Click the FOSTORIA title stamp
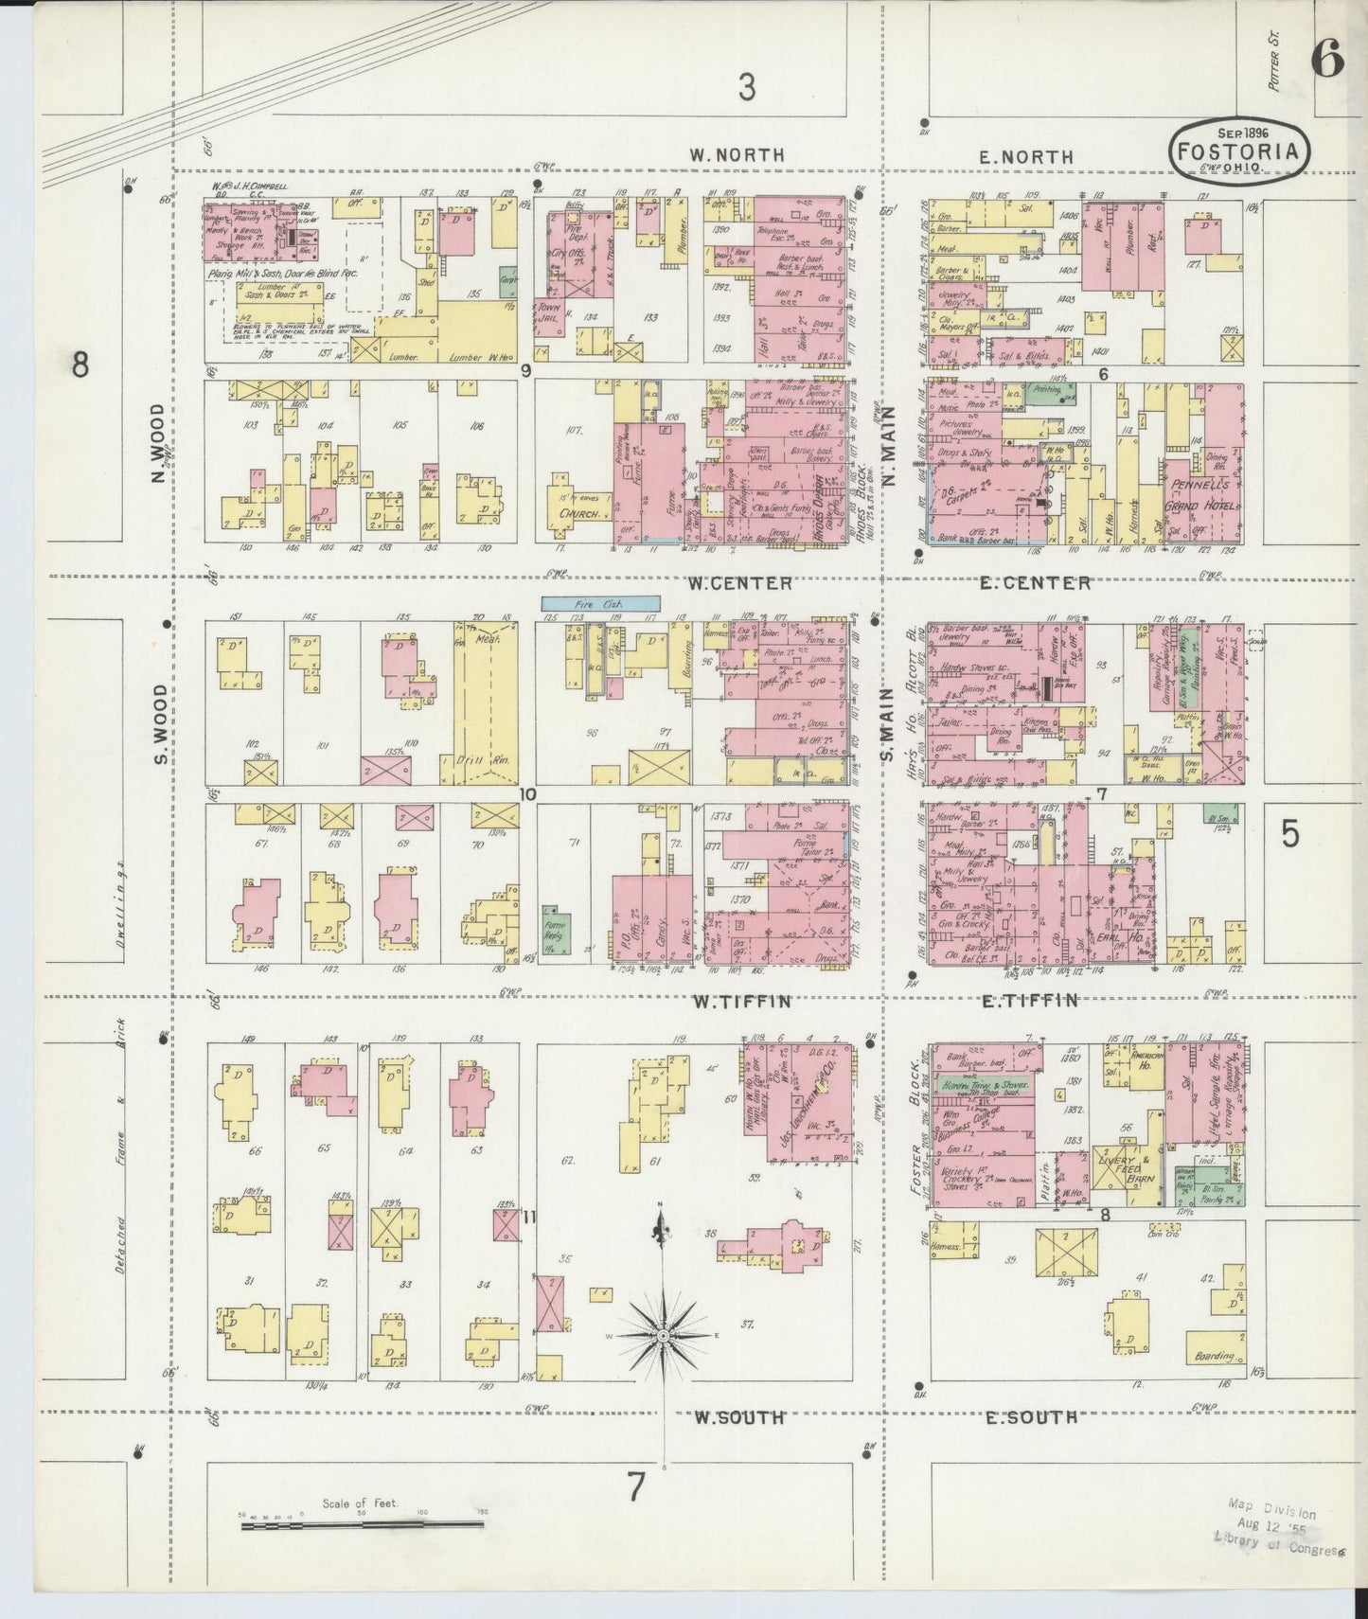[x=1240, y=150]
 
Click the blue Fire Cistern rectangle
[x=600, y=602]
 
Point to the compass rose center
[x=664, y=1335]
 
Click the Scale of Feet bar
[x=362, y=1524]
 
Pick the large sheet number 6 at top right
[x=1327, y=61]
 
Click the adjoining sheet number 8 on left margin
[x=80, y=364]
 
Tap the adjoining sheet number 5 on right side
[x=1290, y=834]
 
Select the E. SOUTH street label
[x=1031, y=1417]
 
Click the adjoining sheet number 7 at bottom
[x=635, y=1487]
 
